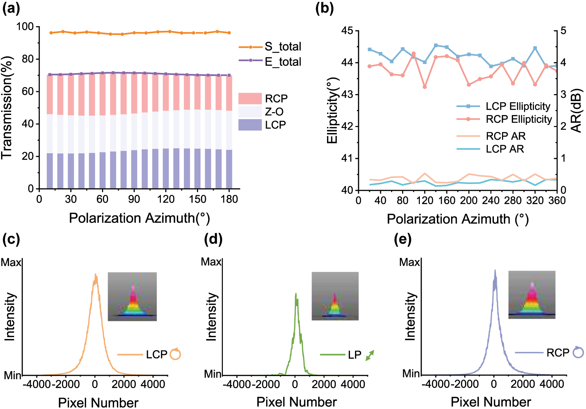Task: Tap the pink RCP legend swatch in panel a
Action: tap(250, 98)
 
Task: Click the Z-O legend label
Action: tap(275, 112)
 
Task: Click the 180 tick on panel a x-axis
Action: tap(229, 199)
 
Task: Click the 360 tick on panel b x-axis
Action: tap(557, 201)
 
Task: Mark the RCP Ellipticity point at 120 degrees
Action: tap(425, 87)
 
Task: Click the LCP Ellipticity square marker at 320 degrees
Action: tap(535, 48)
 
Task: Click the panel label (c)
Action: tap(11, 239)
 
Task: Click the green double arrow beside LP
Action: tap(370, 355)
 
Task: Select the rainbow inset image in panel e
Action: tap(532, 295)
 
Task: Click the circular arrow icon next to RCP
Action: tap(578, 352)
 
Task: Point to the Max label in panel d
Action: tap(211, 262)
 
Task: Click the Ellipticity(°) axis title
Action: tap(332, 111)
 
